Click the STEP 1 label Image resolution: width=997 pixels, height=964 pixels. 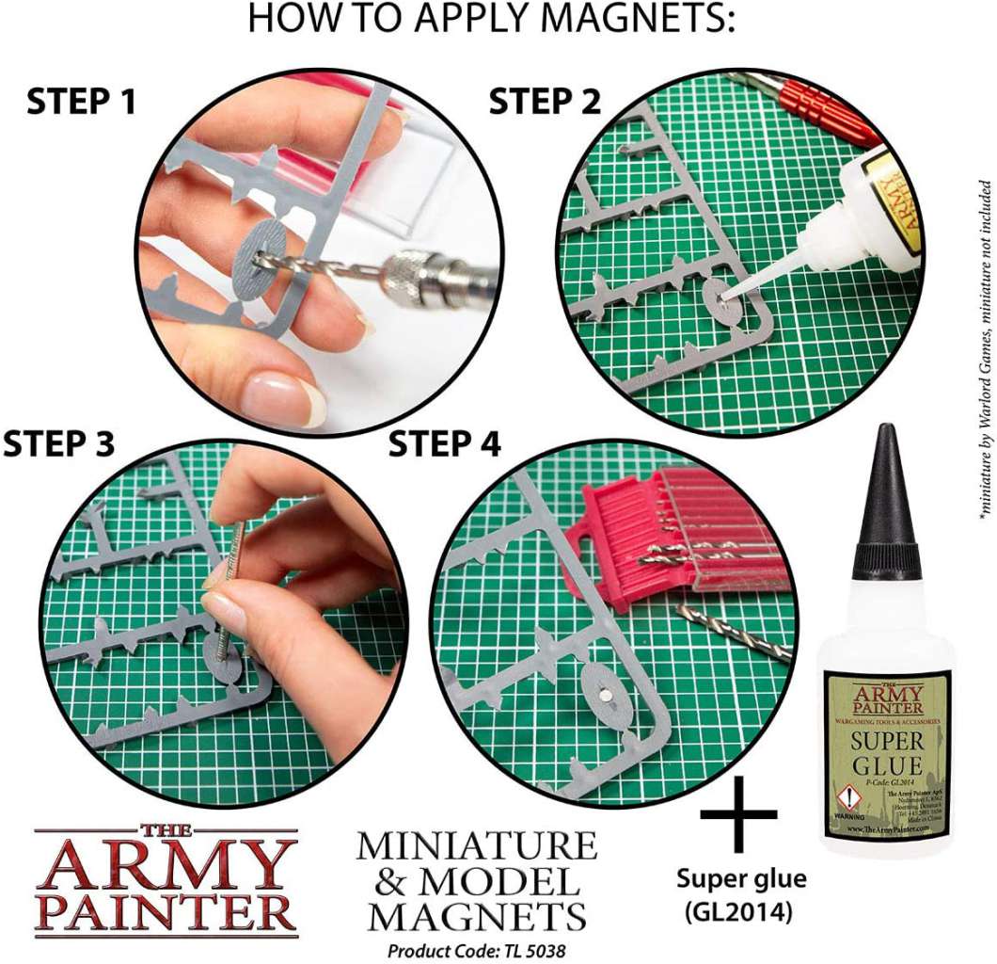[81, 102]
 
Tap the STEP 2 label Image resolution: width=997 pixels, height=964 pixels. [545, 102]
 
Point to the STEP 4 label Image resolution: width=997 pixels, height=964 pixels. [445, 443]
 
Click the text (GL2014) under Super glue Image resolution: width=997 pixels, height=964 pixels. [741, 910]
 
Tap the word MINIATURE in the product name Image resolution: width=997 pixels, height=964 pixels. [476, 845]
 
